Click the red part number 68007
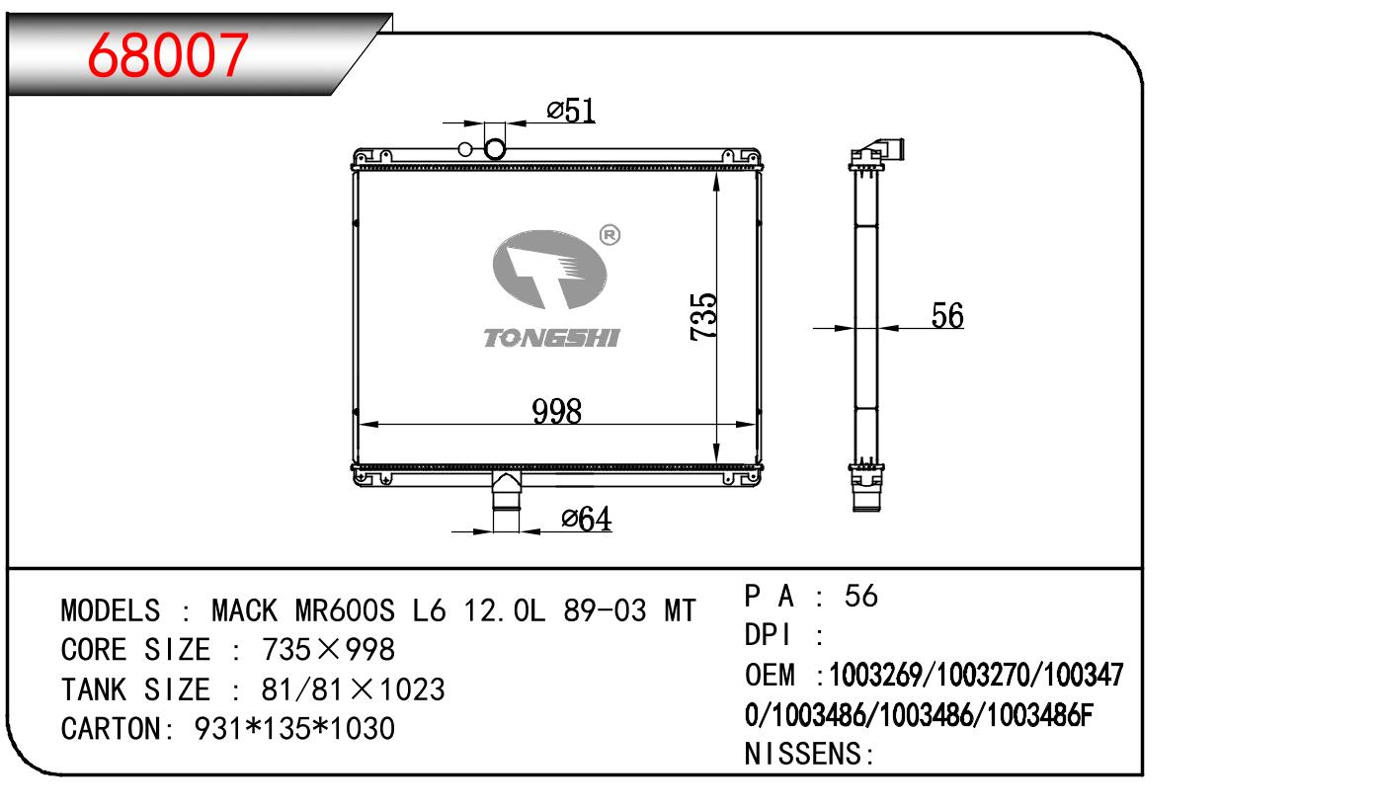168,55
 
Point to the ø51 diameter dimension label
571,111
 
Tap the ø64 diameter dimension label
587,519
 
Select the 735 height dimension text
703,316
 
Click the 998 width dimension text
556,412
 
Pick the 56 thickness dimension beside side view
947,315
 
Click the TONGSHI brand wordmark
551,338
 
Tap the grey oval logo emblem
549,269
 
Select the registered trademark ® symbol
610,235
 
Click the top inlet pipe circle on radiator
495,149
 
